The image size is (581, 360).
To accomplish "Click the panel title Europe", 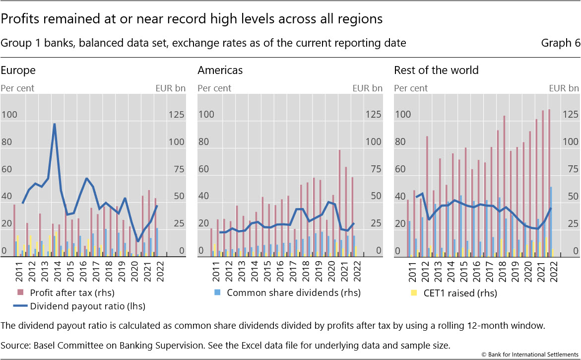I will point(18,70).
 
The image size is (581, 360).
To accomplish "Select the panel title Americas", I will point(220,70).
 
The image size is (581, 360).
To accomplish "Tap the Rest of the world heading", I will point(436,70).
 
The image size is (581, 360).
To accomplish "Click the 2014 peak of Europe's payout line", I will point(54,124).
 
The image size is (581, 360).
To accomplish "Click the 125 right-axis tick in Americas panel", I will point(374,115).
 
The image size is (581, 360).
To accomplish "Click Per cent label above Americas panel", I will point(214,88).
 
